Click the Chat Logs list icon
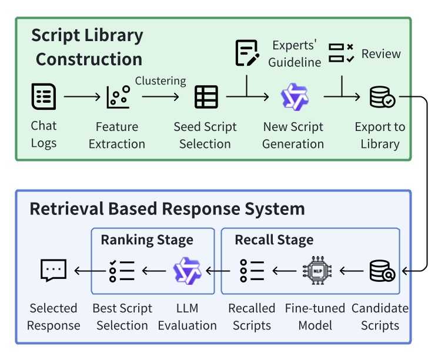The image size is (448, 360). [x=44, y=97]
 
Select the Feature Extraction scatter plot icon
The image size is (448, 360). [x=118, y=97]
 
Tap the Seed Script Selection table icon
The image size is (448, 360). [x=206, y=97]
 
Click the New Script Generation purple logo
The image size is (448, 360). [x=294, y=97]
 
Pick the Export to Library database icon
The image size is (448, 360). [x=382, y=97]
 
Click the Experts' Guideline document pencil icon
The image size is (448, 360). [x=247, y=53]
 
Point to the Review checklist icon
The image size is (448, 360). [x=341, y=53]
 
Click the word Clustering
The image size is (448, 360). [x=161, y=81]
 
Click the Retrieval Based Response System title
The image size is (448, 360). [x=167, y=209]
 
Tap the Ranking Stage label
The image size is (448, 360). [x=147, y=240]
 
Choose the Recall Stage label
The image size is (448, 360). [x=274, y=240]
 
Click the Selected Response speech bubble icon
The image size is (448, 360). [x=54, y=271]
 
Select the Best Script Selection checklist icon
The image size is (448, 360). [x=122, y=271]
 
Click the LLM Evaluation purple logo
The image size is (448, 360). [x=187, y=271]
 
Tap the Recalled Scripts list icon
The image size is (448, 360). [x=252, y=271]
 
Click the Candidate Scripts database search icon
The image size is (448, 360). [x=382, y=271]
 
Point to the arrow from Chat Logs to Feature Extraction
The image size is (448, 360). [x=82, y=97]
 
